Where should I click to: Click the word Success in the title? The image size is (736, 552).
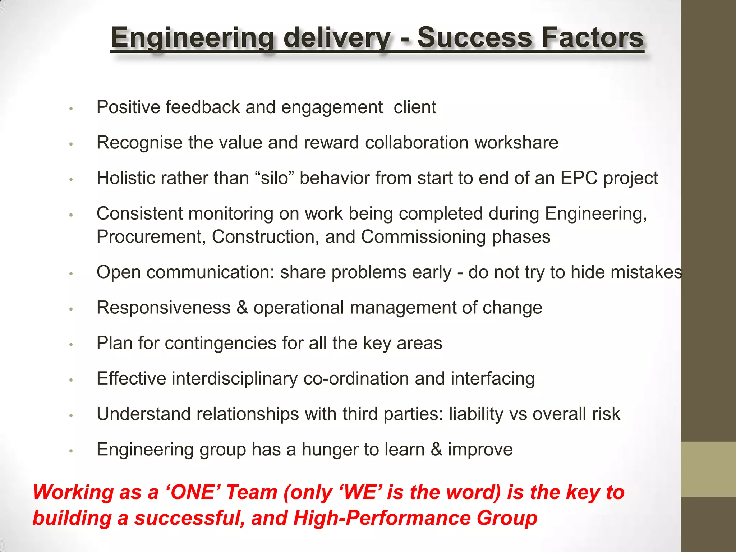coord(474,37)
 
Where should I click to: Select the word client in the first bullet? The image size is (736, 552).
coord(415,107)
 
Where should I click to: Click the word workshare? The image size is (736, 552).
coord(516,143)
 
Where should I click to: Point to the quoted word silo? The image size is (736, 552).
coord(275,178)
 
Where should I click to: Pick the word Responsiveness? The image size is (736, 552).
coord(164,308)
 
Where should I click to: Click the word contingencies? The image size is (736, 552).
coord(220,343)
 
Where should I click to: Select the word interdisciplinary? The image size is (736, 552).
coord(235,378)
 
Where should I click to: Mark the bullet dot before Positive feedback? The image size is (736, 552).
coord(71,108)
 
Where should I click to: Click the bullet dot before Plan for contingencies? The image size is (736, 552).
coord(71,344)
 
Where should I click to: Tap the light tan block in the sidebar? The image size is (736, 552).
coord(708,469)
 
